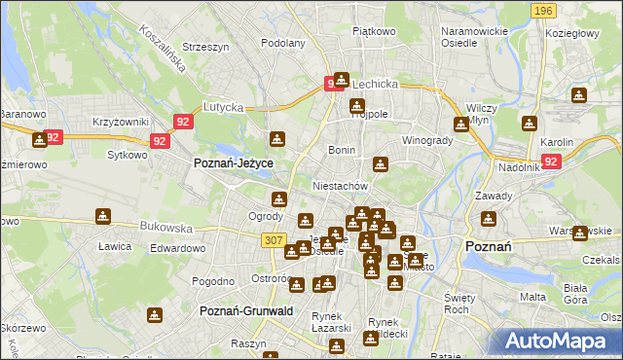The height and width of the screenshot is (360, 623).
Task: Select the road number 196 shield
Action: coord(543,10)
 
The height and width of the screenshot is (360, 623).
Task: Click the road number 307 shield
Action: coord(273,239)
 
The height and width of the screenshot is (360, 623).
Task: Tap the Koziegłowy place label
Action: coord(576,32)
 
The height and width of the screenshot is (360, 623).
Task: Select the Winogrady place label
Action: coord(427,139)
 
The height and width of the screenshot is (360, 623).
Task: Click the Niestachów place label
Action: coord(340,185)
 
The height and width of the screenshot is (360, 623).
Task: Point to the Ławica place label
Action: coord(114,246)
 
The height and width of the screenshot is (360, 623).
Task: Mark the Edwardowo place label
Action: coord(177,248)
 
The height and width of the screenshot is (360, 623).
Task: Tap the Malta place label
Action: coord(532,297)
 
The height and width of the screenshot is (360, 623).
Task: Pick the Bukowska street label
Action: coord(165,227)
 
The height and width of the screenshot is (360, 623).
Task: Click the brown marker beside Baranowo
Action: coord(40,140)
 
